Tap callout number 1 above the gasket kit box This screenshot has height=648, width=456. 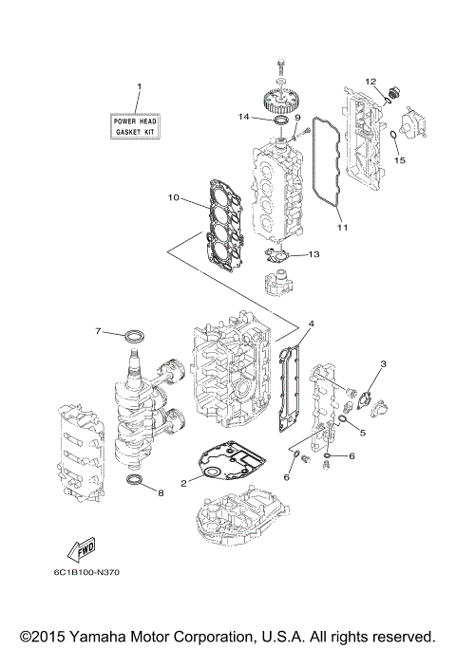138,87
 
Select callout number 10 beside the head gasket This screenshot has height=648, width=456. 174,197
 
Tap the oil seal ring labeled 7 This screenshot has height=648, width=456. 137,334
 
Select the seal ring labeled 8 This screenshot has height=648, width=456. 138,486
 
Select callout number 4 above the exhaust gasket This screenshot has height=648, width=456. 311,324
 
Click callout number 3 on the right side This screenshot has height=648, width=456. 383,364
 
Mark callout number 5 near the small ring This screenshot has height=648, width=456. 362,432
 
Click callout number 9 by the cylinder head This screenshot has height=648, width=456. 296,118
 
